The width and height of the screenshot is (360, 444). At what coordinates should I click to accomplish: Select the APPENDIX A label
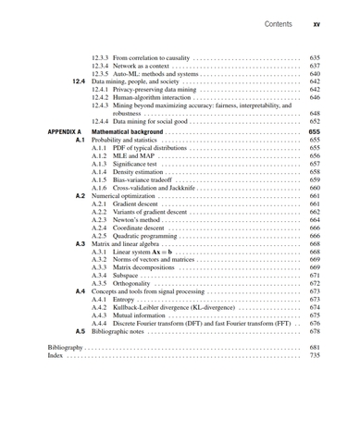click(x=65, y=132)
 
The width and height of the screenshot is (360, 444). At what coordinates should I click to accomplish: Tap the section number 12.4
click(x=78, y=81)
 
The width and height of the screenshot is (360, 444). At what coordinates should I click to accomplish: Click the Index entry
click(x=55, y=354)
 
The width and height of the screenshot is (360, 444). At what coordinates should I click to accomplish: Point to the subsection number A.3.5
click(x=101, y=283)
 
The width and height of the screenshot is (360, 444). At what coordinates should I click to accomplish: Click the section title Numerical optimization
click(x=124, y=196)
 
